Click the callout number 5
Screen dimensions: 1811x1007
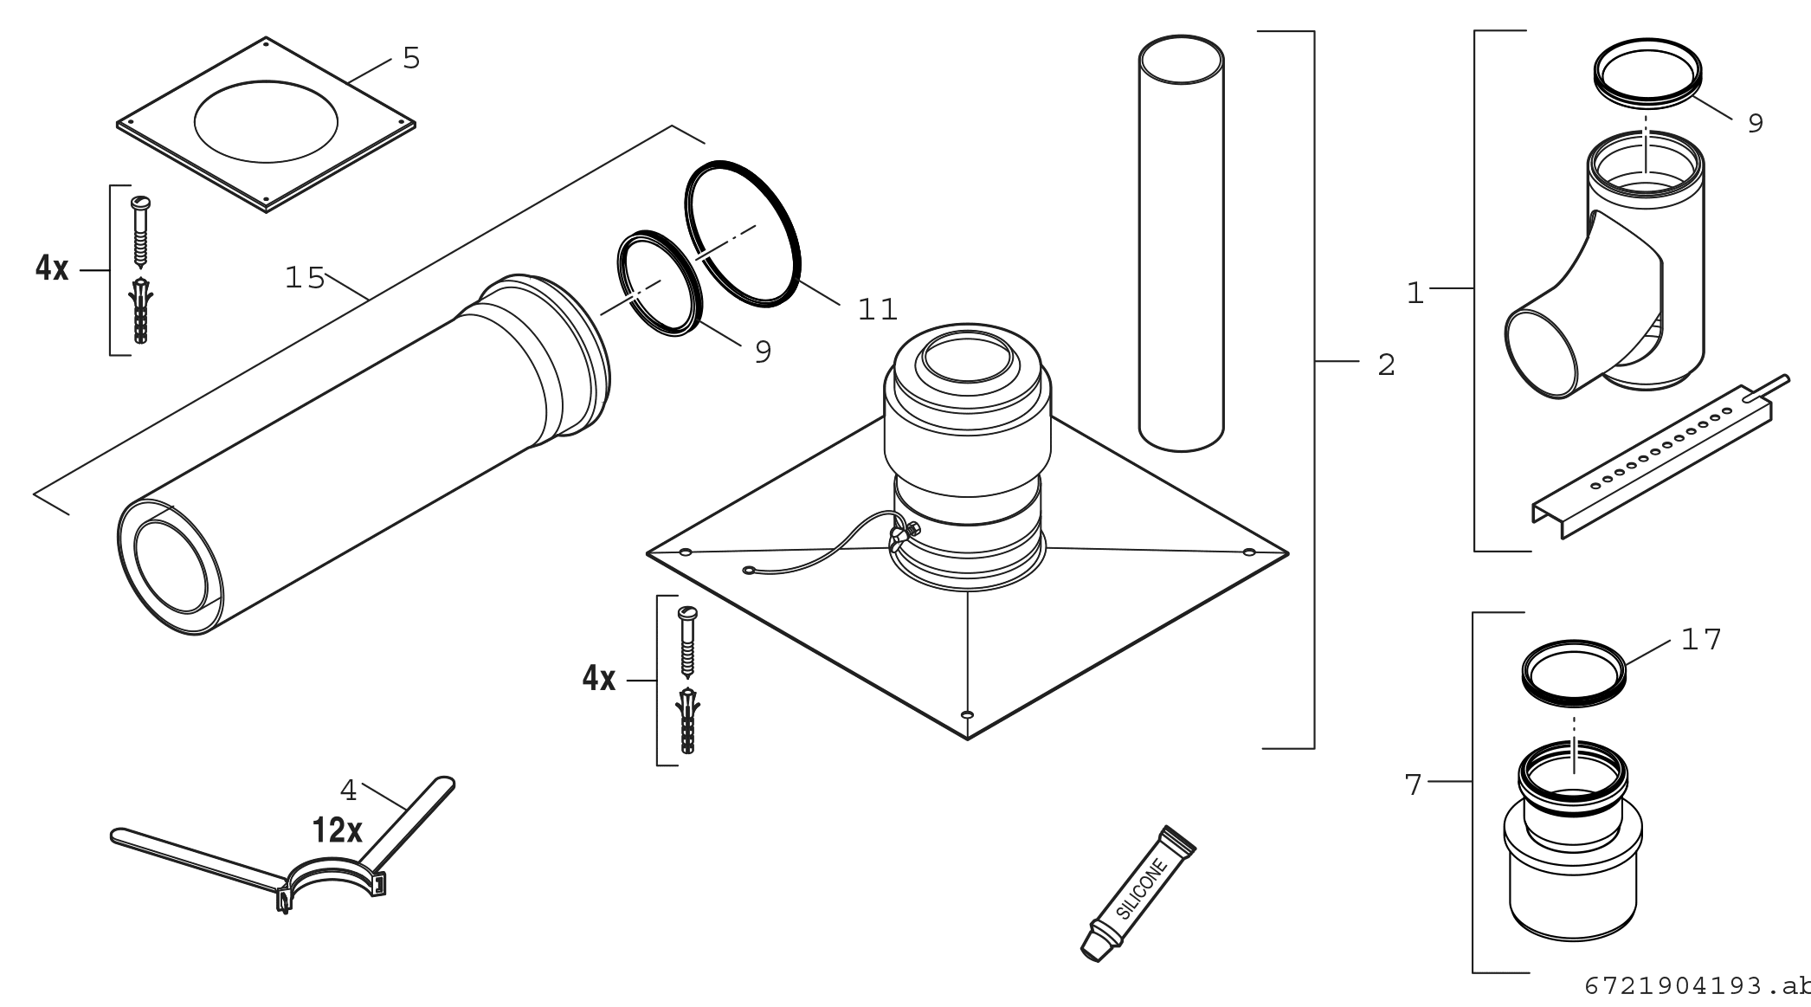[x=411, y=59]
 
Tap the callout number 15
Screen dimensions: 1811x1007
[x=305, y=279]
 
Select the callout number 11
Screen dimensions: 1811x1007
[x=877, y=309]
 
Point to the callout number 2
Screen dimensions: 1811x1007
[x=1386, y=365]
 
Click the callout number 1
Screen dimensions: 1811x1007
[x=1415, y=294]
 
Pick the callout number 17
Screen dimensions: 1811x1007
[x=1701, y=640]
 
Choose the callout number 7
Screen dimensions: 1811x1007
[x=1413, y=785]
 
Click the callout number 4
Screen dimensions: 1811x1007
[x=348, y=790]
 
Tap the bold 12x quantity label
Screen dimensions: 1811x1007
[x=338, y=831]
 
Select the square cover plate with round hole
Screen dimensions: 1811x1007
[x=266, y=123]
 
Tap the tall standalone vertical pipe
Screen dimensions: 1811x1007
[x=1181, y=243]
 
